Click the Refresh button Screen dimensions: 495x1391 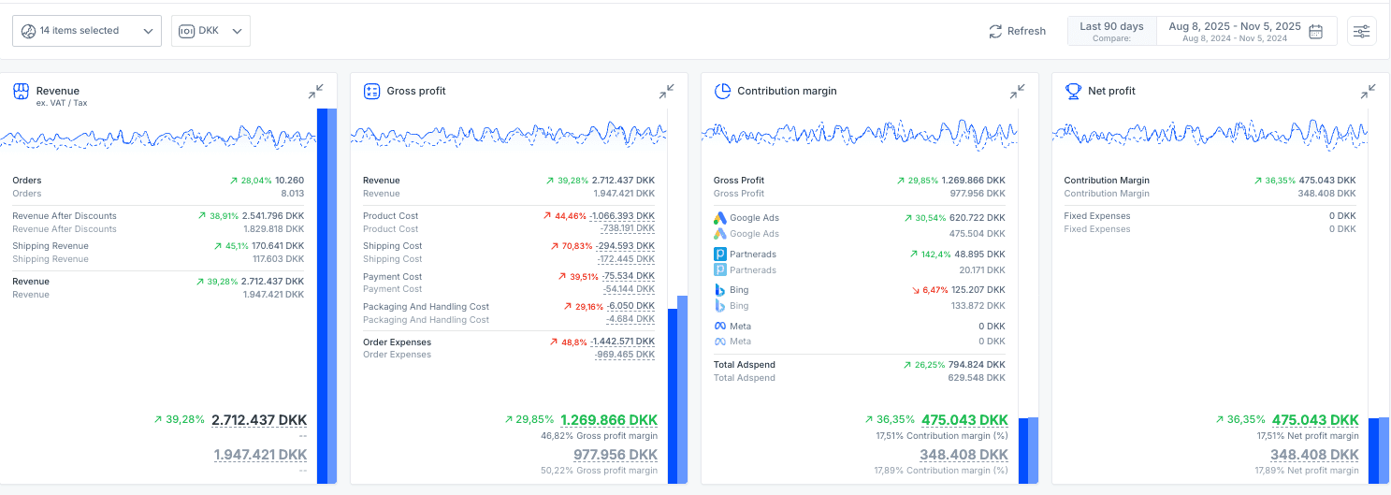[1017, 31]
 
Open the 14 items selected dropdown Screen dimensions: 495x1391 [86, 31]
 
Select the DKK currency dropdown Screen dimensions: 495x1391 [210, 31]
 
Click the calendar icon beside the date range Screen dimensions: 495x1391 [1315, 31]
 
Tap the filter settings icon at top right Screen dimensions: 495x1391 [1361, 31]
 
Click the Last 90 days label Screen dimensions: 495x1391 [1111, 26]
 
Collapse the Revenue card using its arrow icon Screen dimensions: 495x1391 [316, 92]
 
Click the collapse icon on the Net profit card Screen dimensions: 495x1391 [1368, 92]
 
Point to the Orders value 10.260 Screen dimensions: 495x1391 [289, 181]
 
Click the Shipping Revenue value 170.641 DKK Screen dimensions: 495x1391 [277, 246]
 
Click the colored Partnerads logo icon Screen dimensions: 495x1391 [720, 255]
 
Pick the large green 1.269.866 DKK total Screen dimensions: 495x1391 [609, 420]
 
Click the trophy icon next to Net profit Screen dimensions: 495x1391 [1073, 92]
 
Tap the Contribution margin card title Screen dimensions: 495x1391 [787, 92]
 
